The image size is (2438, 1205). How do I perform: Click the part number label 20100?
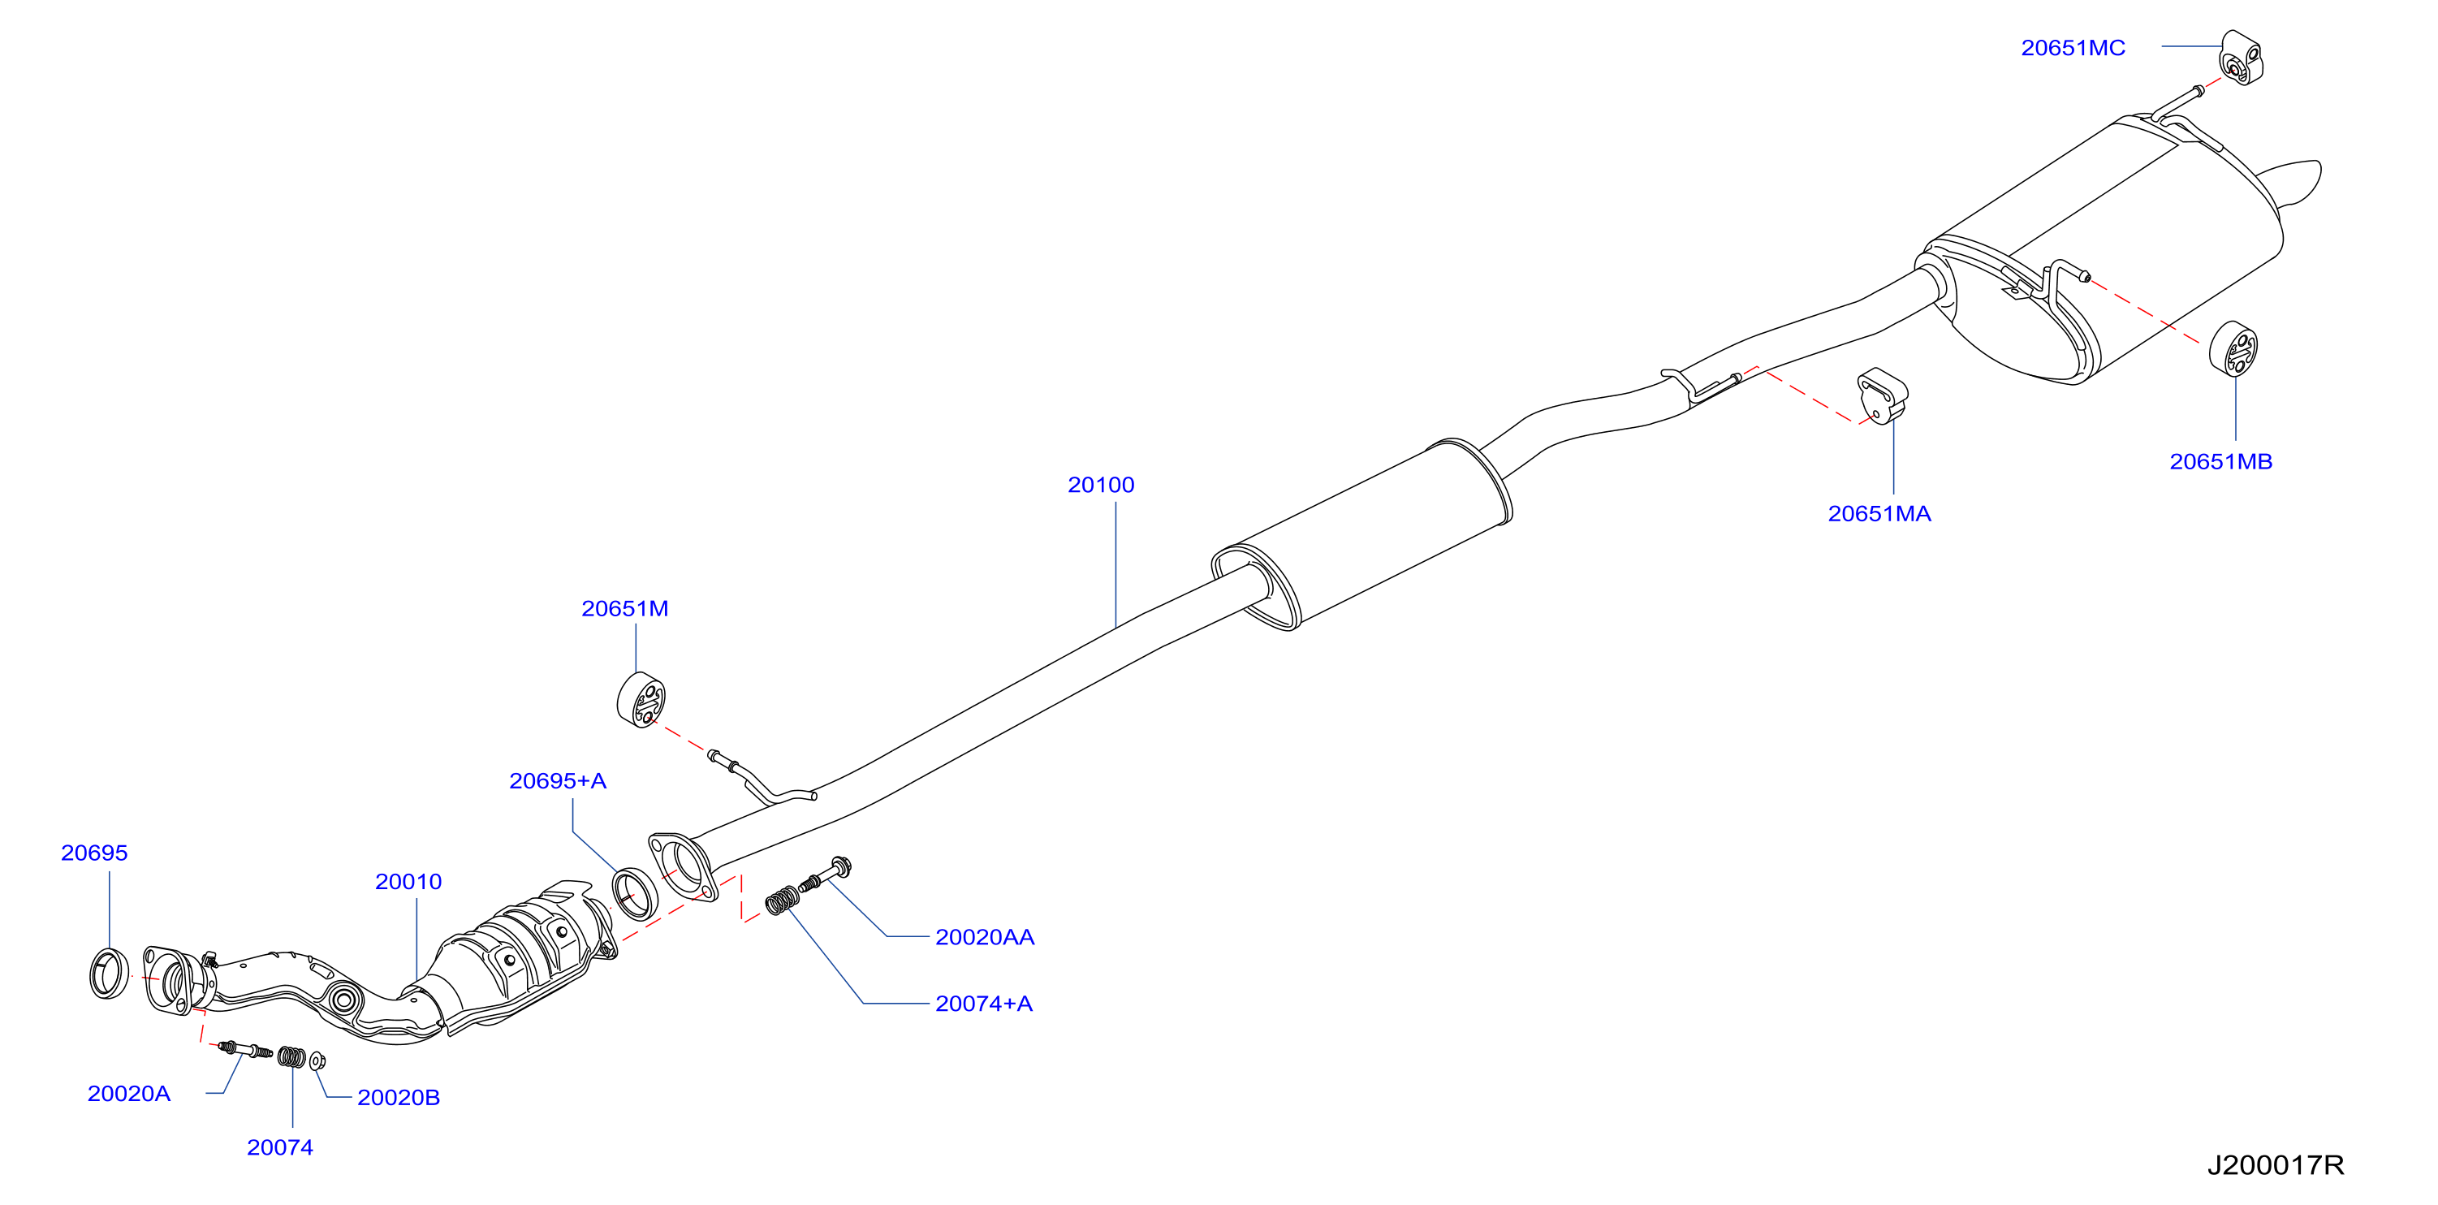pos(1101,485)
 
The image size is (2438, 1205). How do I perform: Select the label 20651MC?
pos(2073,47)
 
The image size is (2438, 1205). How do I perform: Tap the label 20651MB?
pos(2220,461)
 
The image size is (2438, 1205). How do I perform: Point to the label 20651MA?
pos(1879,513)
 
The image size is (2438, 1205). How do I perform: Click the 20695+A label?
pos(558,780)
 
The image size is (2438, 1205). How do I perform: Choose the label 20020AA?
pos(984,936)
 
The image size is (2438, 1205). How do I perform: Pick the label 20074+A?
pos(983,1003)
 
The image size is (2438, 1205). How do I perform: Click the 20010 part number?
pos(408,881)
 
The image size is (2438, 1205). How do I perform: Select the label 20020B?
pos(399,1097)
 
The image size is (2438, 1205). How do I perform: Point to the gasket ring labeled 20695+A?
pos(634,892)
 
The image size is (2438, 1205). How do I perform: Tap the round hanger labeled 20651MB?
pos(2233,348)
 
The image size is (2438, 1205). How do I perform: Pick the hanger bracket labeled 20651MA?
pos(1882,395)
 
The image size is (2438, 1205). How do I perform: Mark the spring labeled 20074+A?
pos(782,899)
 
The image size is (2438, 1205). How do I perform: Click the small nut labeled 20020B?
pos(317,1060)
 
